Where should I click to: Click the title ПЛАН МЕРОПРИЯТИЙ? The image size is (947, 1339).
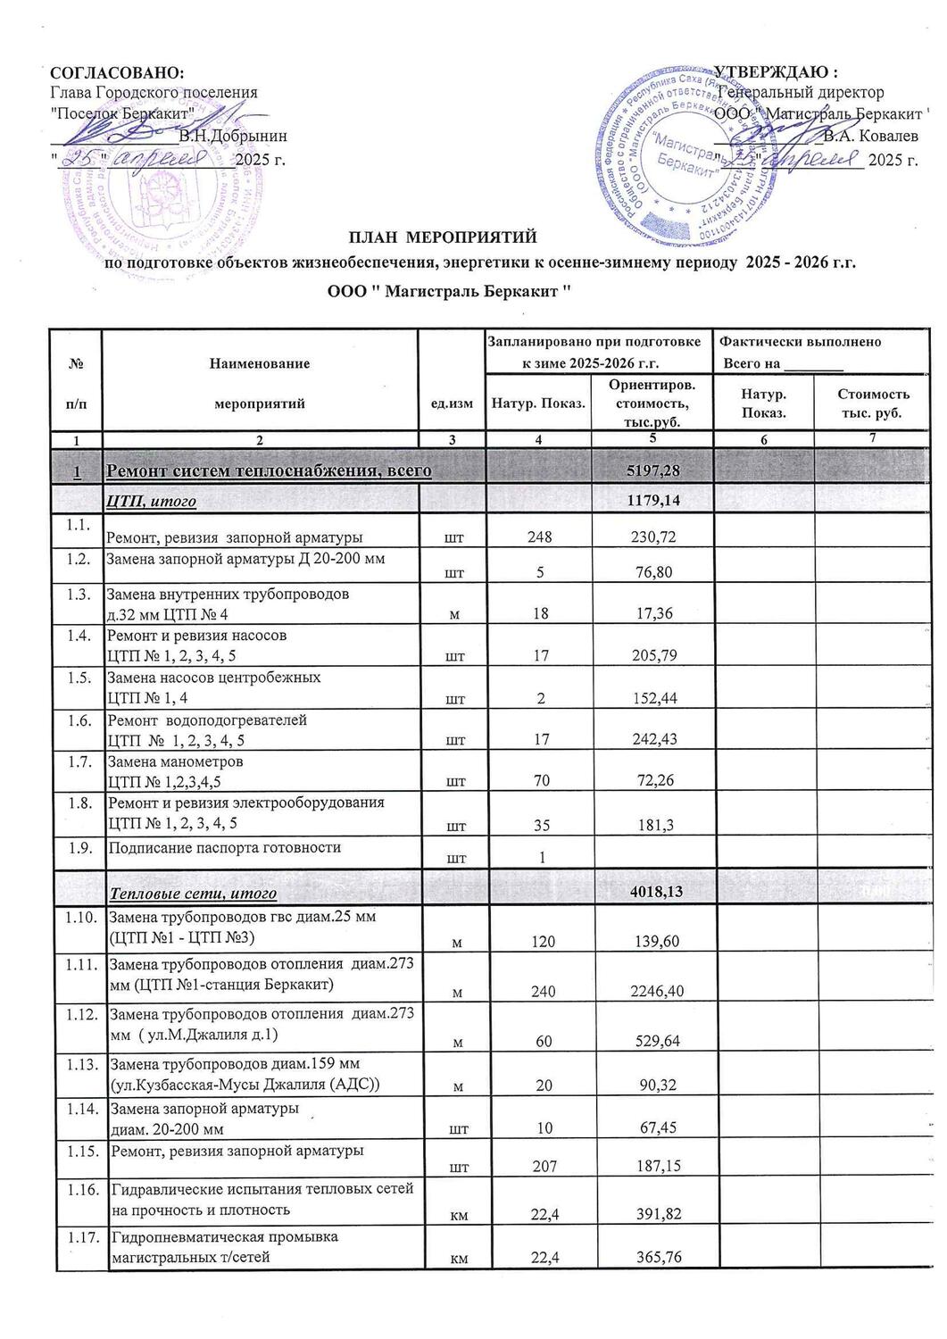(443, 237)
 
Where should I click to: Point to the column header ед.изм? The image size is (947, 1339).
(451, 403)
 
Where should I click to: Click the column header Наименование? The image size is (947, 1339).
(259, 363)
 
